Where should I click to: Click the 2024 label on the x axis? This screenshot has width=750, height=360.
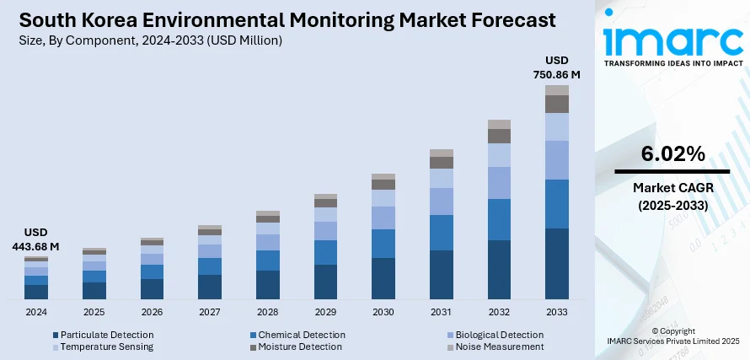[x=36, y=312]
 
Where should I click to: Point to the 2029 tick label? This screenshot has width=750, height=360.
[x=325, y=312]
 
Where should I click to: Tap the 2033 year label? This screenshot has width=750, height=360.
[x=556, y=312]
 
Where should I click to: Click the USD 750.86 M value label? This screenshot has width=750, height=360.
[x=557, y=67]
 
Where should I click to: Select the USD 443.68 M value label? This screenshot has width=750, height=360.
[x=36, y=239]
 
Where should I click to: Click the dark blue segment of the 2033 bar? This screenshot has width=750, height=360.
[x=556, y=264]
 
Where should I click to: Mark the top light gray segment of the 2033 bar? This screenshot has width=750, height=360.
[x=556, y=89]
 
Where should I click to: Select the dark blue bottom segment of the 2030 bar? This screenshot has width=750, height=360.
[x=383, y=278]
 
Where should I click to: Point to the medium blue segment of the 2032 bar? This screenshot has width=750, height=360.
[x=499, y=219]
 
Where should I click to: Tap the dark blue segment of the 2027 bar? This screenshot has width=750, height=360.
[x=210, y=287]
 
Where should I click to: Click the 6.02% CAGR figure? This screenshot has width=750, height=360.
[x=672, y=153]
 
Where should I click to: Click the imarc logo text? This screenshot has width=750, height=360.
[x=672, y=40]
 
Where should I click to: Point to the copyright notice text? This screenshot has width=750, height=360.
[x=672, y=336]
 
